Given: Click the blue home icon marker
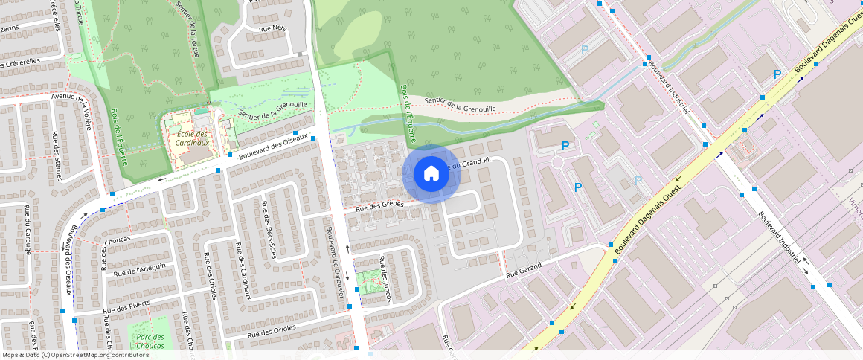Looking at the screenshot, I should (431, 173).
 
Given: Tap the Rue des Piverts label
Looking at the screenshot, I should (126, 306).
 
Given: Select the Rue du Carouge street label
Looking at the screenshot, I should (28, 230).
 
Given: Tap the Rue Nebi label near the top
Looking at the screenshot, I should (272, 28).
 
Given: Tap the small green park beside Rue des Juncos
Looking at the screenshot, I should (365, 281).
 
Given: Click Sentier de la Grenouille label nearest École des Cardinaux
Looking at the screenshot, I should (273, 109).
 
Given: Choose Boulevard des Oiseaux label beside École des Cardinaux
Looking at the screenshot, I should (273, 147).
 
